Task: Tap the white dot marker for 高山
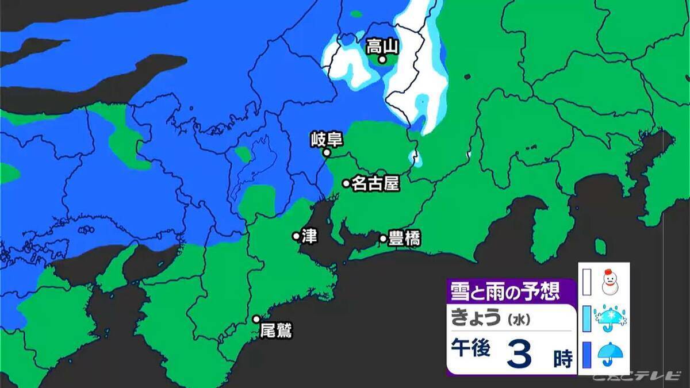click(x=381, y=59)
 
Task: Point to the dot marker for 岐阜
click(x=326, y=153)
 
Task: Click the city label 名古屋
click(x=375, y=183)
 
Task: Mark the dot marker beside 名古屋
click(x=346, y=183)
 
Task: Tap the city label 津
click(x=309, y=236)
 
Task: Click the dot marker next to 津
click(x=296, y=236)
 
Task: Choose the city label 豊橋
click(x=404, y=238)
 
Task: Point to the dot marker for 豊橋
click(x=383, y=238)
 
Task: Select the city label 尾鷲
click(x=276, y=331)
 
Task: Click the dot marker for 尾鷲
click(x=256, y=320)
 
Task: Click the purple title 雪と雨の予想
click(x=504, y=292)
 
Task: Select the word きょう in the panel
click(x=476, y=318)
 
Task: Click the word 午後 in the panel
click(x=470, y=351)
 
